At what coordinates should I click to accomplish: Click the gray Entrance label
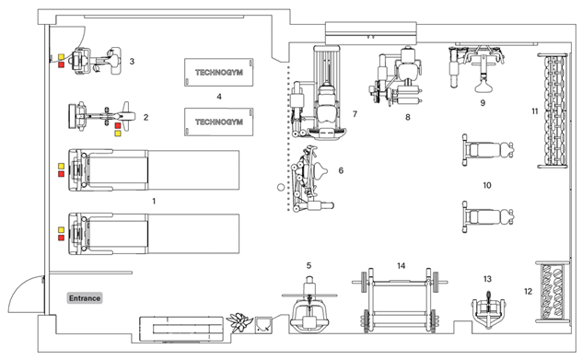point(83,298)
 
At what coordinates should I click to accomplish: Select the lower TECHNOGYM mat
point(218,121)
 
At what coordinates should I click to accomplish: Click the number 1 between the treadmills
point(154,200)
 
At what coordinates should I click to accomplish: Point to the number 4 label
point(218,96)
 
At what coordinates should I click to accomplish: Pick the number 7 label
point(354,114)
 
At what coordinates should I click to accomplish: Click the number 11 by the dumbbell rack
point(534,111)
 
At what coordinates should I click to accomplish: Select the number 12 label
point(528,291)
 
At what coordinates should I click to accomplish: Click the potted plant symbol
point(242,321)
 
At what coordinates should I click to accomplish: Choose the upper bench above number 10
point(488,147)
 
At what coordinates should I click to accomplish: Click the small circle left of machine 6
point(282,187)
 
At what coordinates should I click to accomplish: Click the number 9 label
point(482,103)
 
